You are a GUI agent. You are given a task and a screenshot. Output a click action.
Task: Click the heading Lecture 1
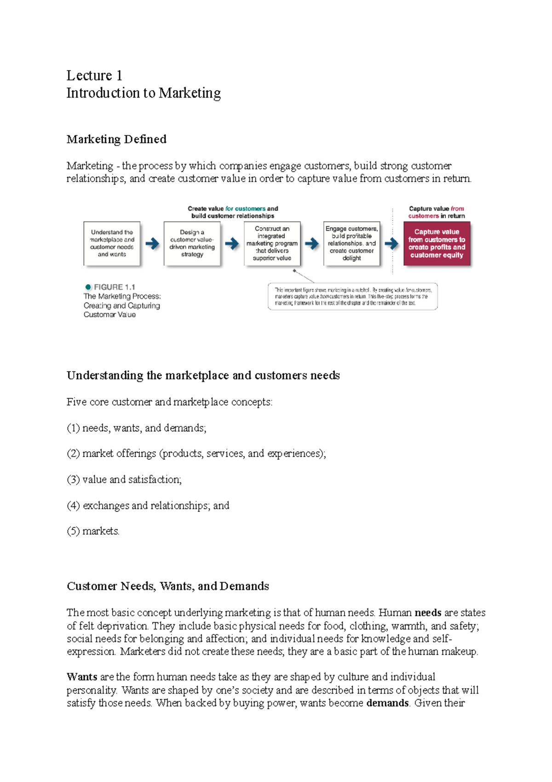pos(94,76)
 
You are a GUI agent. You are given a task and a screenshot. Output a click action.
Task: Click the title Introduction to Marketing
pos(144,93)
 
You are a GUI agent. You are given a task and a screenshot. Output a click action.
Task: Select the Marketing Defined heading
pos(116,139)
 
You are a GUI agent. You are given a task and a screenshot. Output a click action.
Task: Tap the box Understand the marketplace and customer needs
pos(112,243)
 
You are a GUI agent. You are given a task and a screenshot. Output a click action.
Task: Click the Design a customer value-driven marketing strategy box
pos(192,243)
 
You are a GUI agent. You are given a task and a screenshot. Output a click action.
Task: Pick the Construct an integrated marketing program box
pos(272,243)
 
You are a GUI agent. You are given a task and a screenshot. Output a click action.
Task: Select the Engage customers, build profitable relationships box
pos(351,243)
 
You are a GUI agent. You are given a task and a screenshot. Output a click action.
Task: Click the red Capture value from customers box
pos(437,243)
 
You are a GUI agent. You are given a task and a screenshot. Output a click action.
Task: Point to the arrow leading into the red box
pos(391,244)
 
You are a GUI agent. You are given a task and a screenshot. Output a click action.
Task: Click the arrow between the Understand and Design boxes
pos(152,244)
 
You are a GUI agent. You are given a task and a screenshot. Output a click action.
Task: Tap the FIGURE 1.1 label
pos(115,287)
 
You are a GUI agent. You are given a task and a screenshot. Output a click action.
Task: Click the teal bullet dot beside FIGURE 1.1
pos(88,287)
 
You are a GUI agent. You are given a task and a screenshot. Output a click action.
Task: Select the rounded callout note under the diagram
pos(352,297)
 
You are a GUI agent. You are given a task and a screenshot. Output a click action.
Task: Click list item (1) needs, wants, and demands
pos(137,428)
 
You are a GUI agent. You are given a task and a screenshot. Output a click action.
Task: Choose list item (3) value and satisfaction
pos(124,479)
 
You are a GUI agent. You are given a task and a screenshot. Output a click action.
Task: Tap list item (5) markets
pos(93,531)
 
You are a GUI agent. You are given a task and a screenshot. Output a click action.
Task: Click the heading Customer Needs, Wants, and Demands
pos(168,586)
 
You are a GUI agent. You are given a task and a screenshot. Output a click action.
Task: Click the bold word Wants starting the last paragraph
pos(82,677)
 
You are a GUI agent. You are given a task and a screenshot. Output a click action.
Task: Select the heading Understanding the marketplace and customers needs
pos(203,375)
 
